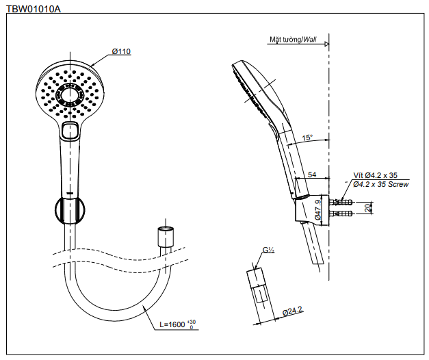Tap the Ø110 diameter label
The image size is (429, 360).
point(121,51)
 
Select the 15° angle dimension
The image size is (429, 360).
point(307,138)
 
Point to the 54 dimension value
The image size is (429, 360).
point(312,175)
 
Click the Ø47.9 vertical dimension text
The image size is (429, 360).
point(319,209)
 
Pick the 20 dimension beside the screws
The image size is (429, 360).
point(367,207)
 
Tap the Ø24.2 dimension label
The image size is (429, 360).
point(292,311)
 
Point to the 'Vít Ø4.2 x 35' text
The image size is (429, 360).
point(375,175)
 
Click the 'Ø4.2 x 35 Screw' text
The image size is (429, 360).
point(381,184)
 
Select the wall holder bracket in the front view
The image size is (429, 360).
point(69,209)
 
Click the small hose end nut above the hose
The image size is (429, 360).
point(164,236)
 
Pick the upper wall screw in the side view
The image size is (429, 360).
point(341,203)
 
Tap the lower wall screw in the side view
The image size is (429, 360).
point(341,215)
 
